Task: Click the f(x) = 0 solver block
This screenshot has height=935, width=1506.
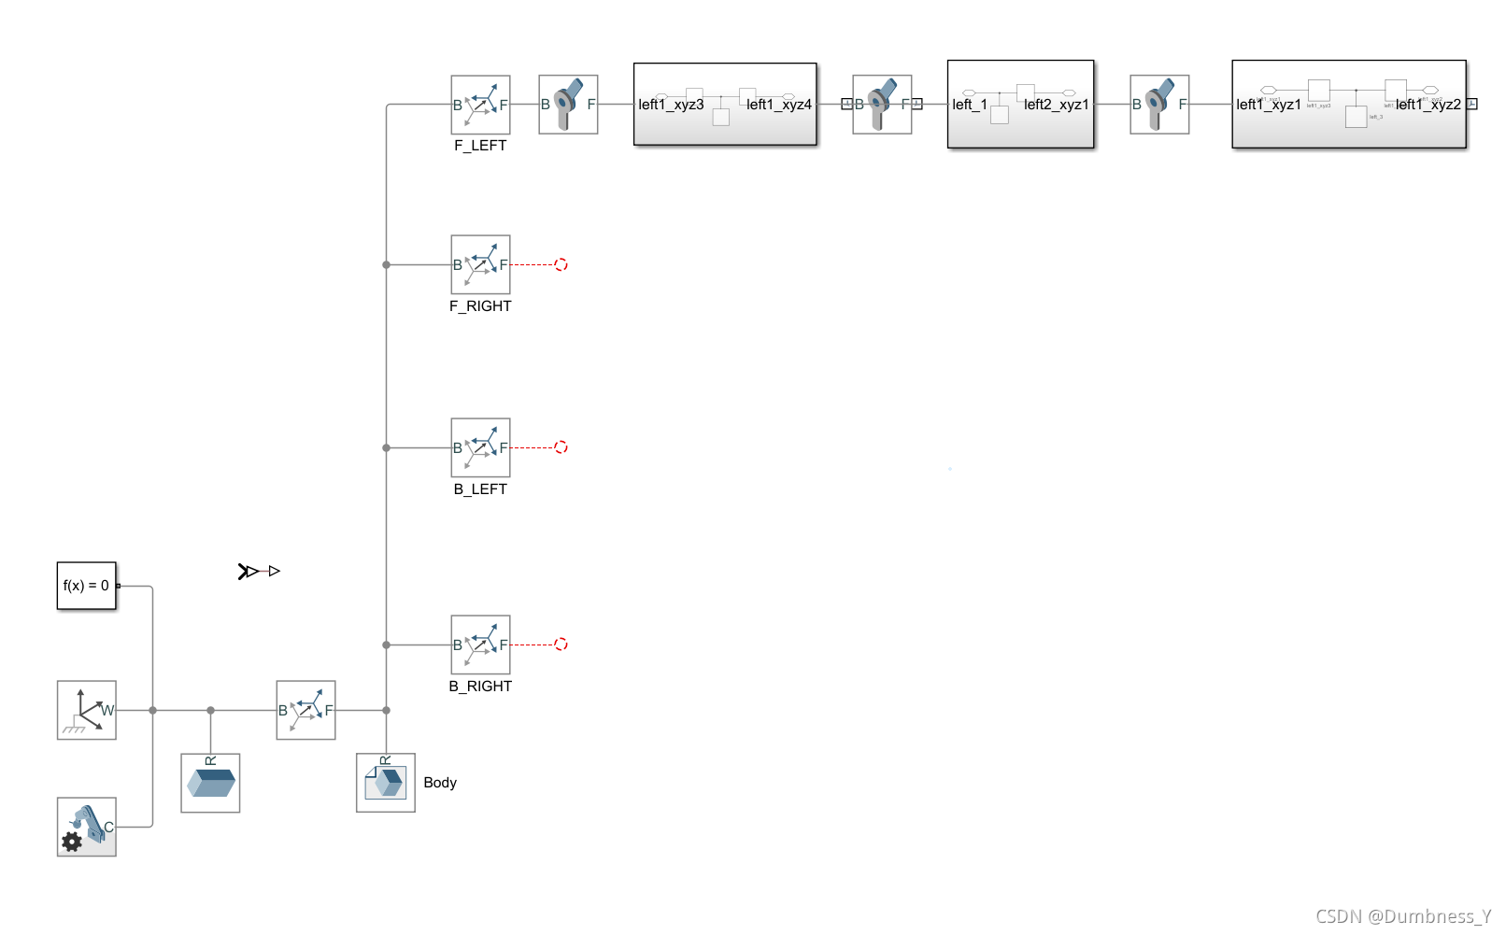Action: coord(86,586)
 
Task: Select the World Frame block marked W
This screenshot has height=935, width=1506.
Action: coord(86,710)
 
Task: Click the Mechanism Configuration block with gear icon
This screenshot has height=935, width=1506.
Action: coord(86,827)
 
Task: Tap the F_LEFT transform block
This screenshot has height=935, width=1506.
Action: coord(480,105)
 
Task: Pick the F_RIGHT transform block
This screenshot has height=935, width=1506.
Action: coord(480,264)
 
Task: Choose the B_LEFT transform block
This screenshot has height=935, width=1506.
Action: coord(480,447)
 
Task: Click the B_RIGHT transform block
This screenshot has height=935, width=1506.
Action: coord(480,645)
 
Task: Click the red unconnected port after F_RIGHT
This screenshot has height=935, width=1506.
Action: coord(561,264)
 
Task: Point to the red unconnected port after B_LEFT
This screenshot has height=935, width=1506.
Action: coord(561,447)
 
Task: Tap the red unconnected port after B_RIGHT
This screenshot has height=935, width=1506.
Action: coord(561,645)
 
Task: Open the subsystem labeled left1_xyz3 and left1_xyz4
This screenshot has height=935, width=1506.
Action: coord(725,105)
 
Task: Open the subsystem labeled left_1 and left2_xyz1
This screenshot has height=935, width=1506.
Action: coord(1020,105)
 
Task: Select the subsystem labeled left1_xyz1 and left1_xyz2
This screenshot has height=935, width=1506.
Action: coord(1348,105)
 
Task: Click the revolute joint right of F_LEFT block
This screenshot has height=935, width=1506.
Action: coord(568,105)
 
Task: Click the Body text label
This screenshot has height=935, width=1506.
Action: coord(440,783)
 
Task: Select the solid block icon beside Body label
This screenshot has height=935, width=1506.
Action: coord(385,783)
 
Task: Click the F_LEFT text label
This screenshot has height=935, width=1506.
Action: coord(480,146)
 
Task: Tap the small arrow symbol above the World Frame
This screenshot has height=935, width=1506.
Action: coord(259,571)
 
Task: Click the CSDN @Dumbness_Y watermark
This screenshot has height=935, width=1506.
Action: coord(1403,916)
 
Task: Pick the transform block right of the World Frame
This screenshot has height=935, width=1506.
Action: coord(305,710)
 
